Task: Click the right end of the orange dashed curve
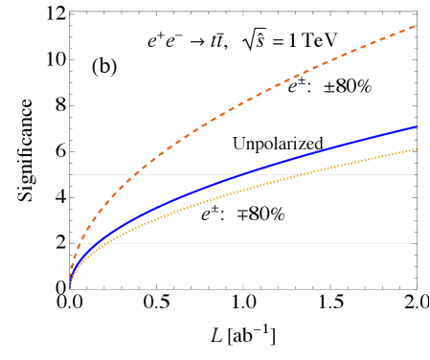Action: pos(415,26)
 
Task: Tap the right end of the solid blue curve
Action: pos(416,126)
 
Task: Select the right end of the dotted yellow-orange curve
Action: pos(416,149)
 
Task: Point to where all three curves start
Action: pos(71,285)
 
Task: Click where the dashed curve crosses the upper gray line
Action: pos(134,174)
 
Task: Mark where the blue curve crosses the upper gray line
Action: pos(242,174)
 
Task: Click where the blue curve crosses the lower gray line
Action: pos(93,243)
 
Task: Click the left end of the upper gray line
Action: pos(73,174)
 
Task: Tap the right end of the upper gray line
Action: pos(414,174)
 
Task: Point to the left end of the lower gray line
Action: pos(73,243)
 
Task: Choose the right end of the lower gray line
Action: pos(412,243)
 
